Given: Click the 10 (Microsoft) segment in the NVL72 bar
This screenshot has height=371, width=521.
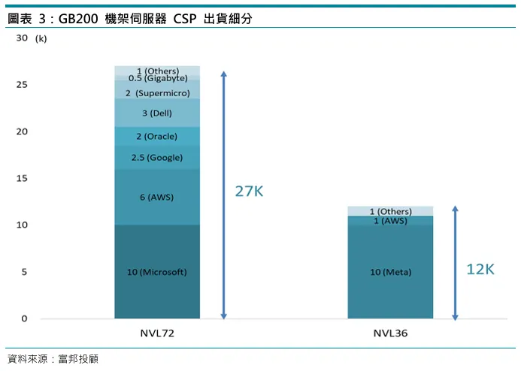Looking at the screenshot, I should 157,272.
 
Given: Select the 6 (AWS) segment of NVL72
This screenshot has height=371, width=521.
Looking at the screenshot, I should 157,198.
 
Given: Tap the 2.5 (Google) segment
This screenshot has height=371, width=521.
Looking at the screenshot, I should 157,158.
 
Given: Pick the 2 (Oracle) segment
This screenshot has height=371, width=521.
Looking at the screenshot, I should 157,137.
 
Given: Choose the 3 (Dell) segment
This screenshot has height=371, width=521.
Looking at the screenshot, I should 157,113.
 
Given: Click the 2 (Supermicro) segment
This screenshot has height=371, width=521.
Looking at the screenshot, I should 157,93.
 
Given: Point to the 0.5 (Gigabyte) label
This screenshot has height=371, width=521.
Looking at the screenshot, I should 157,78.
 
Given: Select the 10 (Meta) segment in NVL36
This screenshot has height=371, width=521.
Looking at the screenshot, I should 390,272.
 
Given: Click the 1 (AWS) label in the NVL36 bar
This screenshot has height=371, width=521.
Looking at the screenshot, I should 390,221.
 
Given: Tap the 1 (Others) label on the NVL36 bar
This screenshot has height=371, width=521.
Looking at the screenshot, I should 390,212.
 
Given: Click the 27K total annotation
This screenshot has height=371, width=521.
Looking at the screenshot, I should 249,192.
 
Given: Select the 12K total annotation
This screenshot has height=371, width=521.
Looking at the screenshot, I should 480,269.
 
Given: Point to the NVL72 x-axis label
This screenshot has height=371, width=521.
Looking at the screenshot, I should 157,333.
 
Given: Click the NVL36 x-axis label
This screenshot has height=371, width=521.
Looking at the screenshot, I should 390,333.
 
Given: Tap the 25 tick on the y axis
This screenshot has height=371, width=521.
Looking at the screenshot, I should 21,85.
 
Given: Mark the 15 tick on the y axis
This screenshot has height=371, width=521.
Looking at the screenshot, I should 21,178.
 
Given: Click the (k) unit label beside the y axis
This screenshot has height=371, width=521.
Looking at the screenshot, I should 41,38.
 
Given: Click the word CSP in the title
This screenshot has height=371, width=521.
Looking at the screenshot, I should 185,19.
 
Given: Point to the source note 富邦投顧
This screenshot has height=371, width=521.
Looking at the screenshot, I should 78,358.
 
